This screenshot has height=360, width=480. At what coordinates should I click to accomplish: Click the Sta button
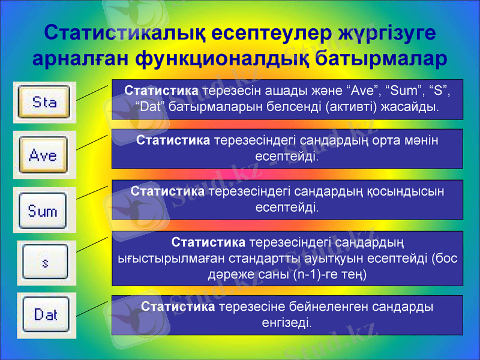[x=44, y=102]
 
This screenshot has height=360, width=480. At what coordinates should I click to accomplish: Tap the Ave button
[x=43, y=156]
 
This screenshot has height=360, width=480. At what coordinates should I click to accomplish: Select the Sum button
[x=43, y=211]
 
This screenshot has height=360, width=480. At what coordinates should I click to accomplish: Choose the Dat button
[x=46, y=314]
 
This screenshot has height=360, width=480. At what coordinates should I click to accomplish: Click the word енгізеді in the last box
[x=287, y=323]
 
